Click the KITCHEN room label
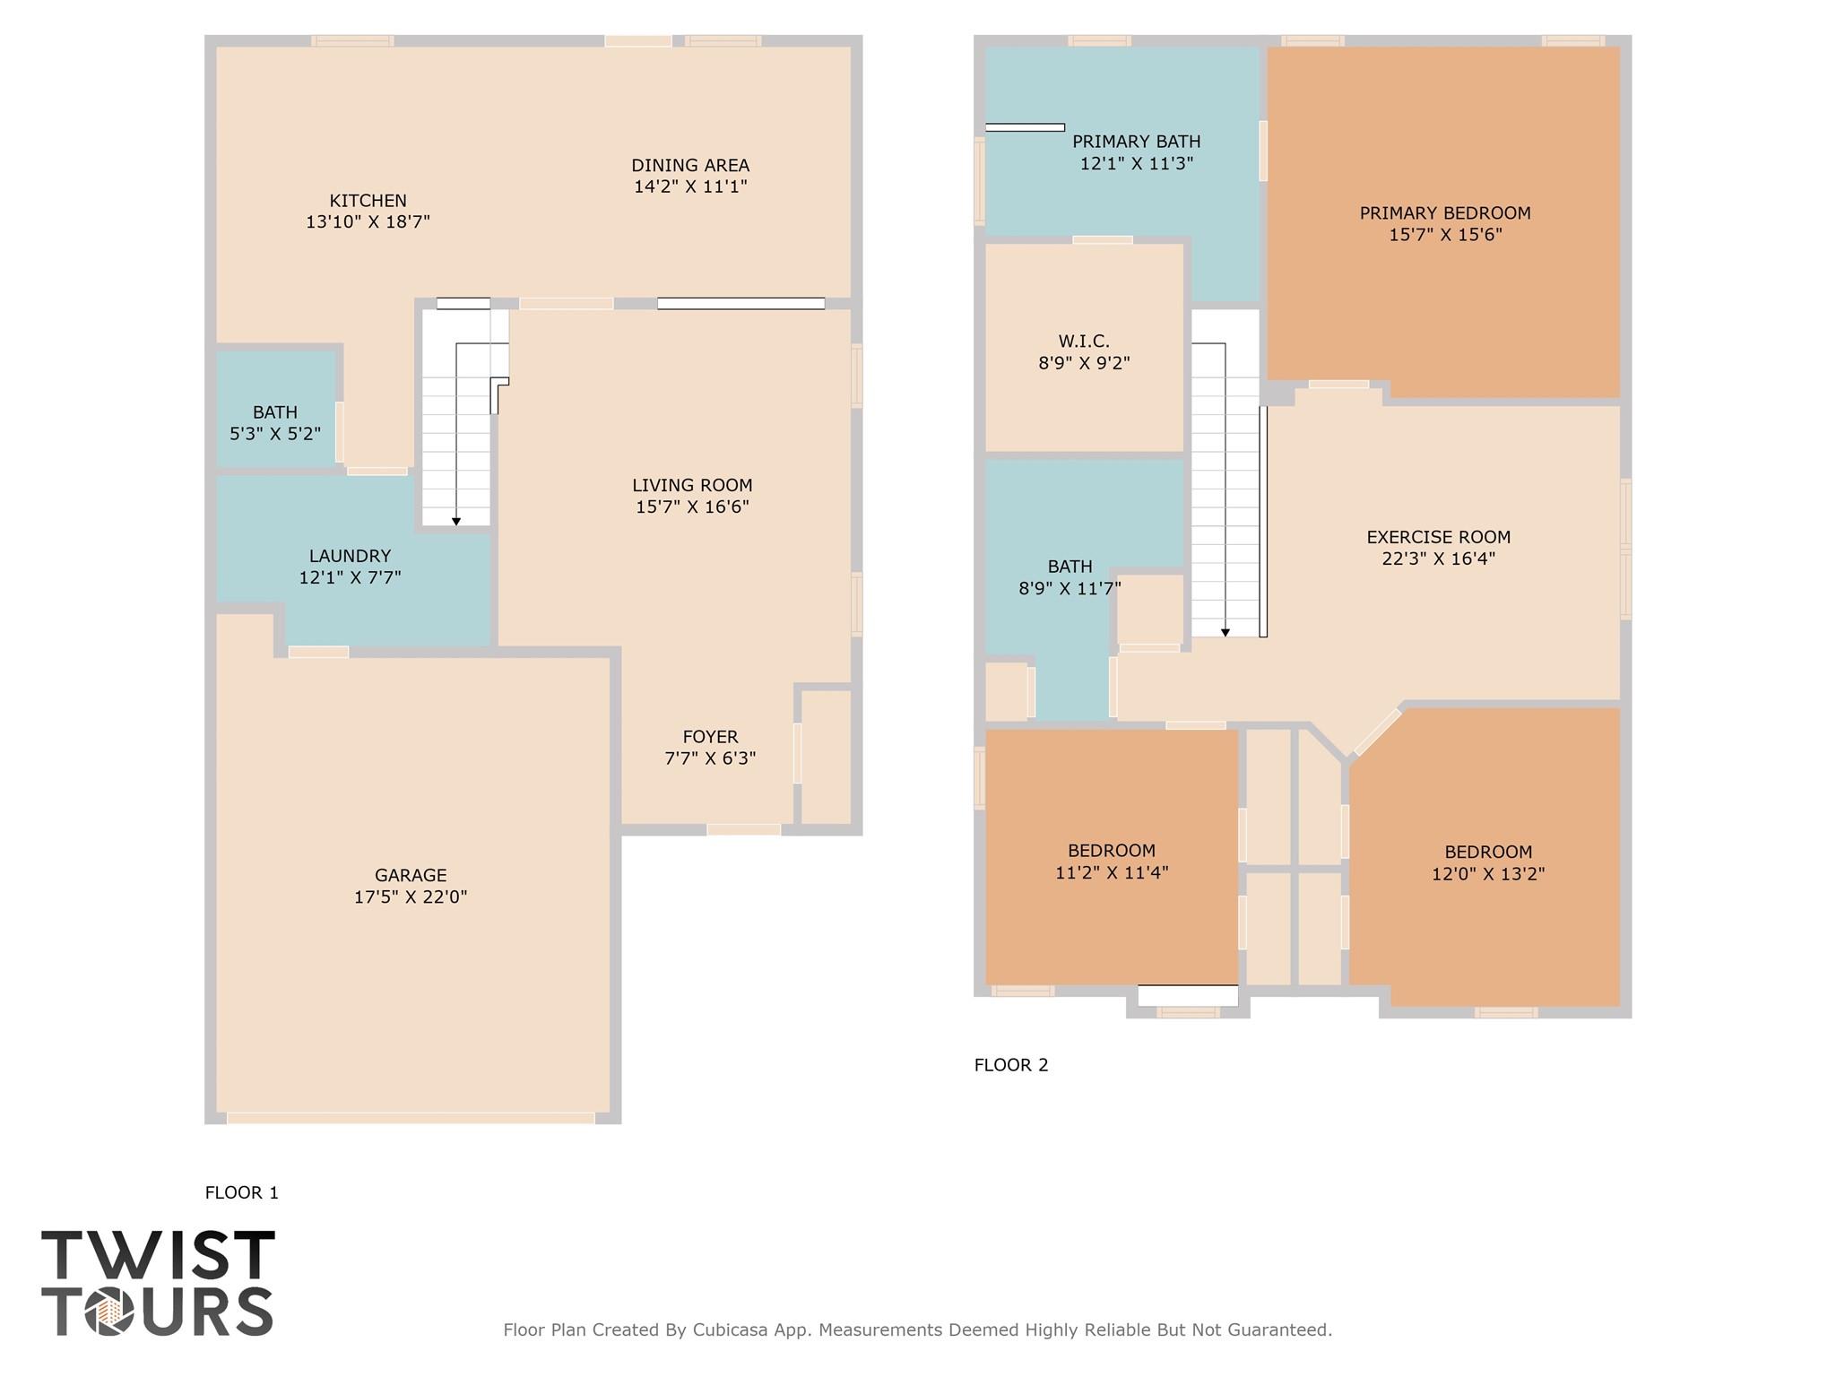point(368,201)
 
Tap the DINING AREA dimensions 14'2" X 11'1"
point(690,187)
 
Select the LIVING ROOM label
point(692,485)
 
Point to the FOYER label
point(710,737)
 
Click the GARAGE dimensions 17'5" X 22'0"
point(411,896)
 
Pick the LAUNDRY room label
point(350,556)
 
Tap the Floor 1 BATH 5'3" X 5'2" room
point(275,422)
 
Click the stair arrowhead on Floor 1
point(456,521)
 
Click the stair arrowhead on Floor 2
point(1225,632)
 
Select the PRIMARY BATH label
point(1136,142)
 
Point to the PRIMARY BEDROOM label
point(1444,213)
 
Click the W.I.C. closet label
point(1084,342)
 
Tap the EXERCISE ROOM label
point(1438,537)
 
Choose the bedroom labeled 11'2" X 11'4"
point(1112,861)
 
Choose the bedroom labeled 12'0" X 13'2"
point(1487,862)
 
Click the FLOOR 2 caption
point(1010,1065)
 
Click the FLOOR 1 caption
point(241,1192)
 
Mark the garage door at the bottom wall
point(411,1117)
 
